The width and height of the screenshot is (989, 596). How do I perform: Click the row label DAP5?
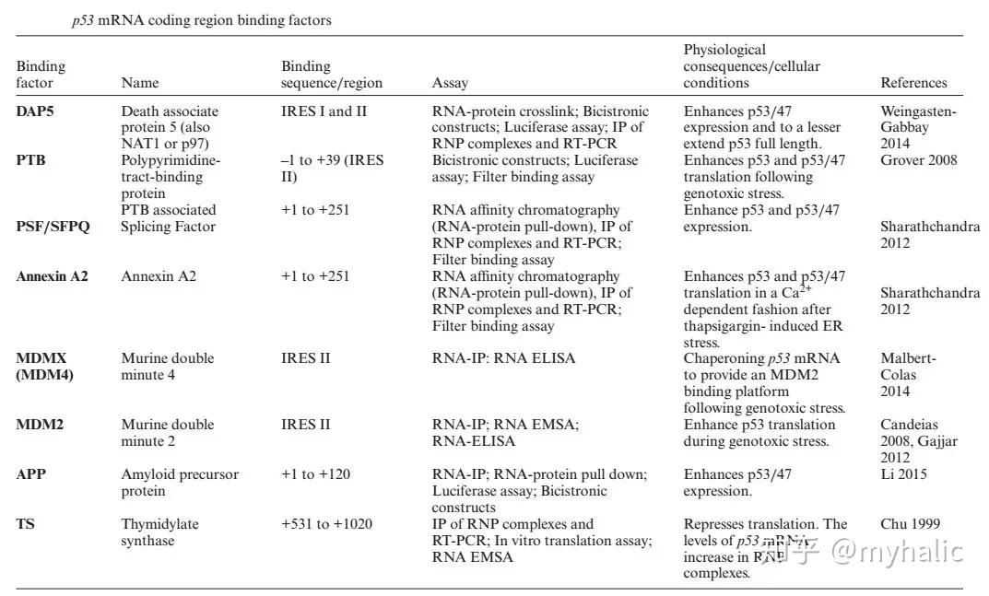34,111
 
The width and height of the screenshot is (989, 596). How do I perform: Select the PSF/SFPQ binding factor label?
53,227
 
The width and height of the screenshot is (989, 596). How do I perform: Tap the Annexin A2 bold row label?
52,276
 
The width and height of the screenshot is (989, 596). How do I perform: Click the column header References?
913,83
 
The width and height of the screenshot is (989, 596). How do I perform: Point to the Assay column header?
450,83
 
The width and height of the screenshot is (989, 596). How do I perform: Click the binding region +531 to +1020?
326,524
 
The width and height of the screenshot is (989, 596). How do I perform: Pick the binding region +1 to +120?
315,474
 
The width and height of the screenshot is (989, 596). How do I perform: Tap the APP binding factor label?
31,474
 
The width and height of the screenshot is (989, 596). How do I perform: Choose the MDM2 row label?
38,425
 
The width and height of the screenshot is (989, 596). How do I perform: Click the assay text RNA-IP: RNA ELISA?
503,358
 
